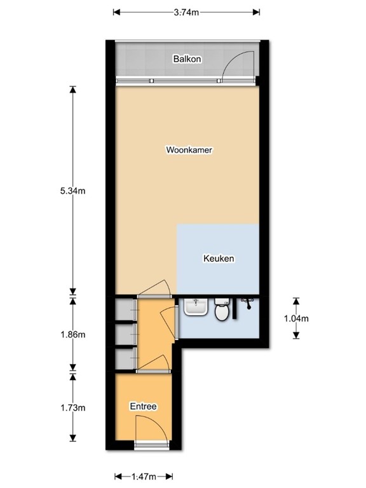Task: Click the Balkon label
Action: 187,60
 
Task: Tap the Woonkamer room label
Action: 189,151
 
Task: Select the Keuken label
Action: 219,259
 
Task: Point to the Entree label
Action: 143,407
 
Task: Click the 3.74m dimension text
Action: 187,11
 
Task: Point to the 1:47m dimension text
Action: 144,476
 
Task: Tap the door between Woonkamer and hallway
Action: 154,290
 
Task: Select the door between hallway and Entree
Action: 154,365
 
